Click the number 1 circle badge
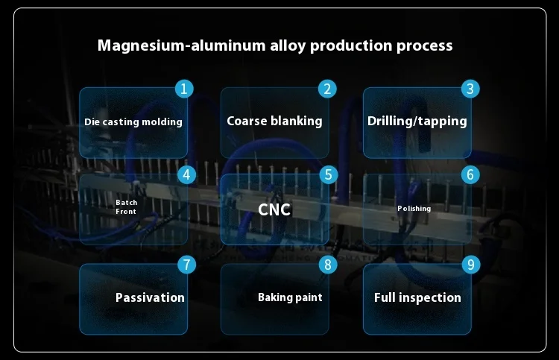coord(185,89)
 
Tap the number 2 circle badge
coord(327,89)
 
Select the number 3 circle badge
coord(470,89)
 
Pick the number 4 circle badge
coord(187,175)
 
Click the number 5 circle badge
coord(328,175)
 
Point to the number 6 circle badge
coord(470,175)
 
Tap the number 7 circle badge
coord(187,265)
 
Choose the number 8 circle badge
coord(328,265)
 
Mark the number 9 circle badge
coord(470,265)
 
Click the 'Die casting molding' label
coord(133,121)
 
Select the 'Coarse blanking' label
coord(274,121)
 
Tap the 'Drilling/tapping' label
coord(417,121)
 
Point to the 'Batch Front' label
coord(126,207)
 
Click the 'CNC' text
coord(274,209)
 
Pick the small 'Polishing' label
coord(414,209)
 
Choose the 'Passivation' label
coord(150,297)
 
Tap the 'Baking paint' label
coord(290,297)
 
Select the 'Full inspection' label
coord(417,297)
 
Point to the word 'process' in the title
coord(423,46)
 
